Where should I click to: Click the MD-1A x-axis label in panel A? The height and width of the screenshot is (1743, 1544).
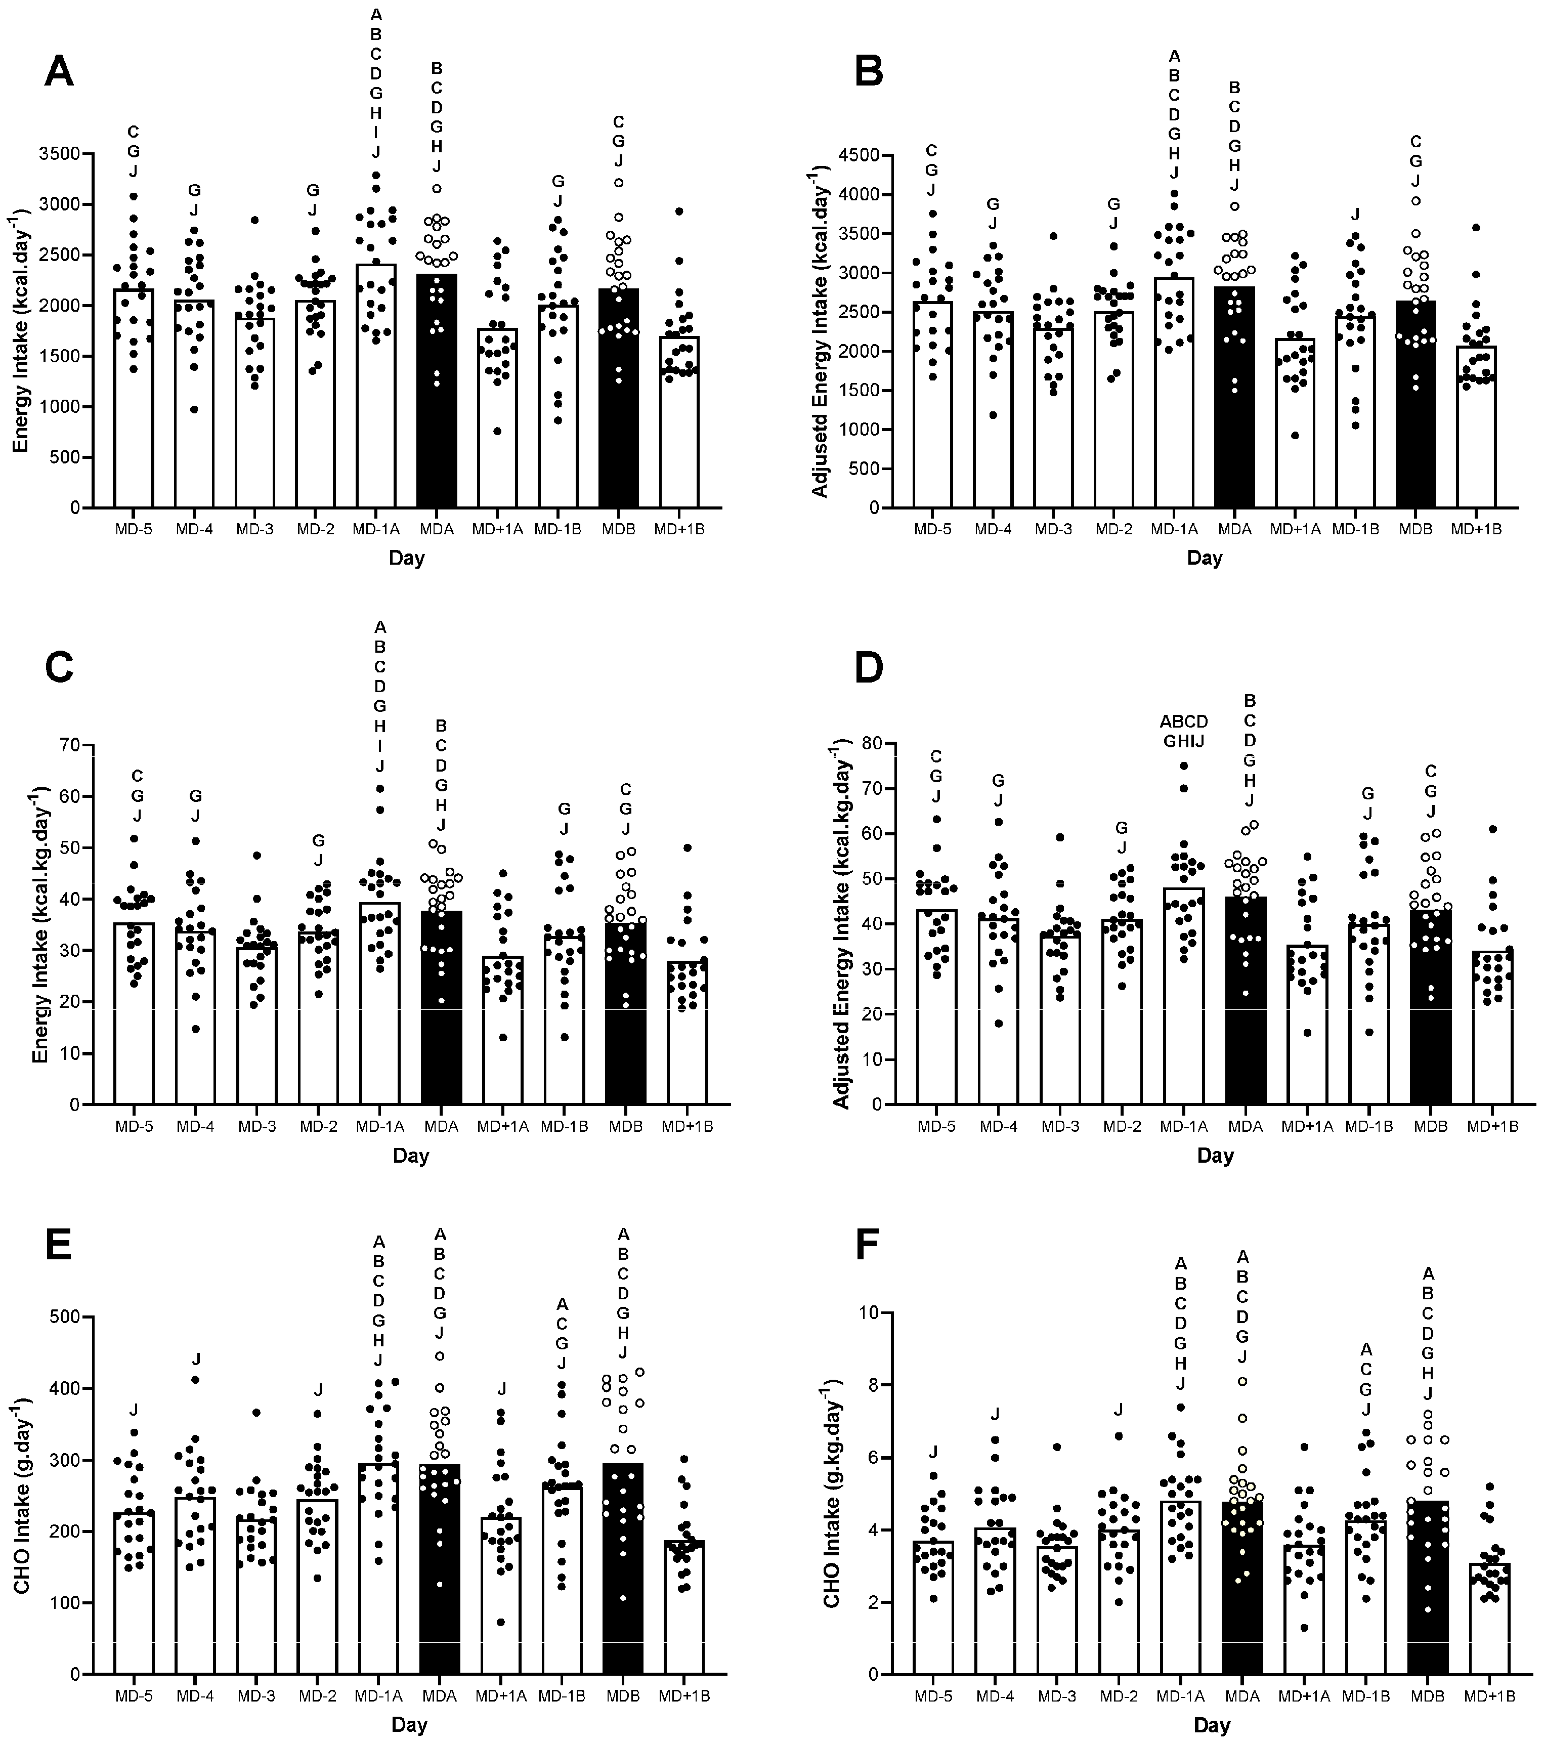[x=375, y=529]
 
